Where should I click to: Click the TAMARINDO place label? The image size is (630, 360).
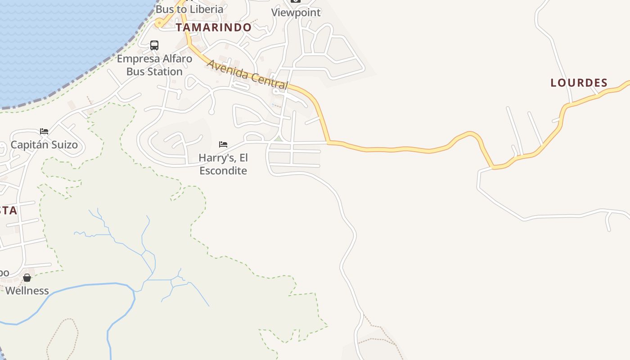point(213,27)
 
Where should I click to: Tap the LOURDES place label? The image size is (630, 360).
point(579,83)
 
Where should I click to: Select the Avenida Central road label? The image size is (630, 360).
point(247,74)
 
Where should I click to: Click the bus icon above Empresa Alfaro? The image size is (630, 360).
point(154,45)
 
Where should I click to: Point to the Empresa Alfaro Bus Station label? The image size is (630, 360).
point(154,65)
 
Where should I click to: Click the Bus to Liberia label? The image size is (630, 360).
point(189,9)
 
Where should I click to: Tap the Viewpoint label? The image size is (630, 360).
point(296,13)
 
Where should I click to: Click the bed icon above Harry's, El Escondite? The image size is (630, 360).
point(223,144)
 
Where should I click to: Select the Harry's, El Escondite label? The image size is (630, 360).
point(223,164)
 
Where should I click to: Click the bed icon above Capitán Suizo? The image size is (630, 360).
point(44,131)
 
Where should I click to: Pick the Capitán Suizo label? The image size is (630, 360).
point(44,145)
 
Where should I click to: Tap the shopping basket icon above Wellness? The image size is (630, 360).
point(27,278)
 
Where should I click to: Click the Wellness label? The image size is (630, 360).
point(27,291)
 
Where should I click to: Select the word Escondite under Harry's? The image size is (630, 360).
point(223,171)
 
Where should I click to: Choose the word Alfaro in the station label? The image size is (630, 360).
point(177,59)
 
